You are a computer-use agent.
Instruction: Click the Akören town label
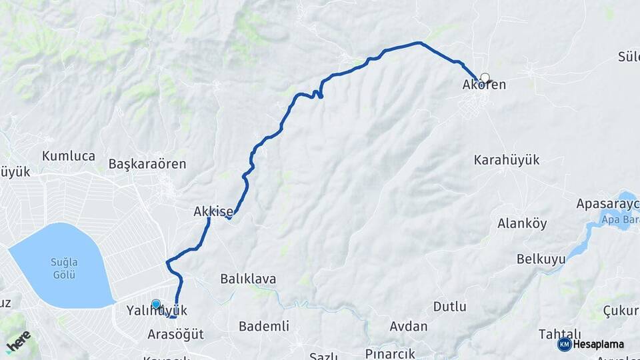484,85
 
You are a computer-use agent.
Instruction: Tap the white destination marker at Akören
485,77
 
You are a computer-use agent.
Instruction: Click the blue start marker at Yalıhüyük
156,304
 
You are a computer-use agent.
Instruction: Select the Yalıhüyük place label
157,311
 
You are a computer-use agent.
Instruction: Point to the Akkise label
213,212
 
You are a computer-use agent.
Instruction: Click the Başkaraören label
147,163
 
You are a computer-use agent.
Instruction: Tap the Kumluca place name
69,156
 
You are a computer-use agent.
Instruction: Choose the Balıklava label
248,279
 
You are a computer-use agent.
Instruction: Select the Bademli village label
264,326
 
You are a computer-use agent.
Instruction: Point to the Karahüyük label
507,160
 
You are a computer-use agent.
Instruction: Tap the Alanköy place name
522,223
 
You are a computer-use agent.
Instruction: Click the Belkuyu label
541,259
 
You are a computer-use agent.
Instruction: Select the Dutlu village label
450,307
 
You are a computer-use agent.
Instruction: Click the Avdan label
409,326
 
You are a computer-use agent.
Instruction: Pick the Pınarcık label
390,353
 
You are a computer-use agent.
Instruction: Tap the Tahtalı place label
561,334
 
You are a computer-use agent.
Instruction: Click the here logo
18,341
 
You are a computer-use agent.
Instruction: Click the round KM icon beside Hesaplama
565,344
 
